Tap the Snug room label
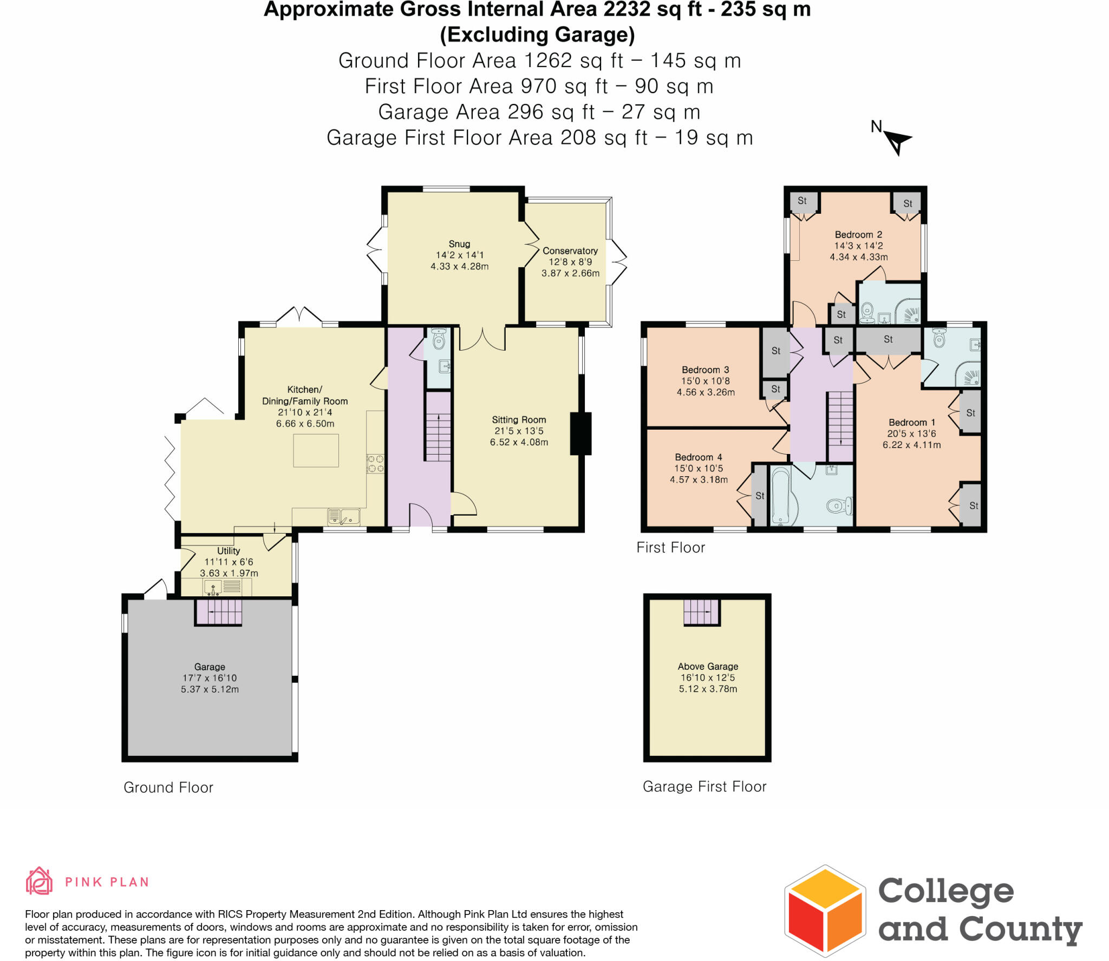[x=459, y=244]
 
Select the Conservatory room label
[x=570, y=251]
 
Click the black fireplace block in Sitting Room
[x=580, y=433]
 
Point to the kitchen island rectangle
[x=316, y=450]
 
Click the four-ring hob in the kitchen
[x=375, y=464]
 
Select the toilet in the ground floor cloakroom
[x=439, y=340]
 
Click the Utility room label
[x=228, y=551]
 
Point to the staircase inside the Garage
[x=218, y=613]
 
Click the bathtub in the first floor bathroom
[x=779, y=496]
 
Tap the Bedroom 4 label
[x=698, y=457]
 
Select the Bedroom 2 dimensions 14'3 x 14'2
[x=858, y=246]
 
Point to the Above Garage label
[x=708, y=667]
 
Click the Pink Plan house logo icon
[x=39, y=881]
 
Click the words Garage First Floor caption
[x=704, y=787]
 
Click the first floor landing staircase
[x=840, y=426]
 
